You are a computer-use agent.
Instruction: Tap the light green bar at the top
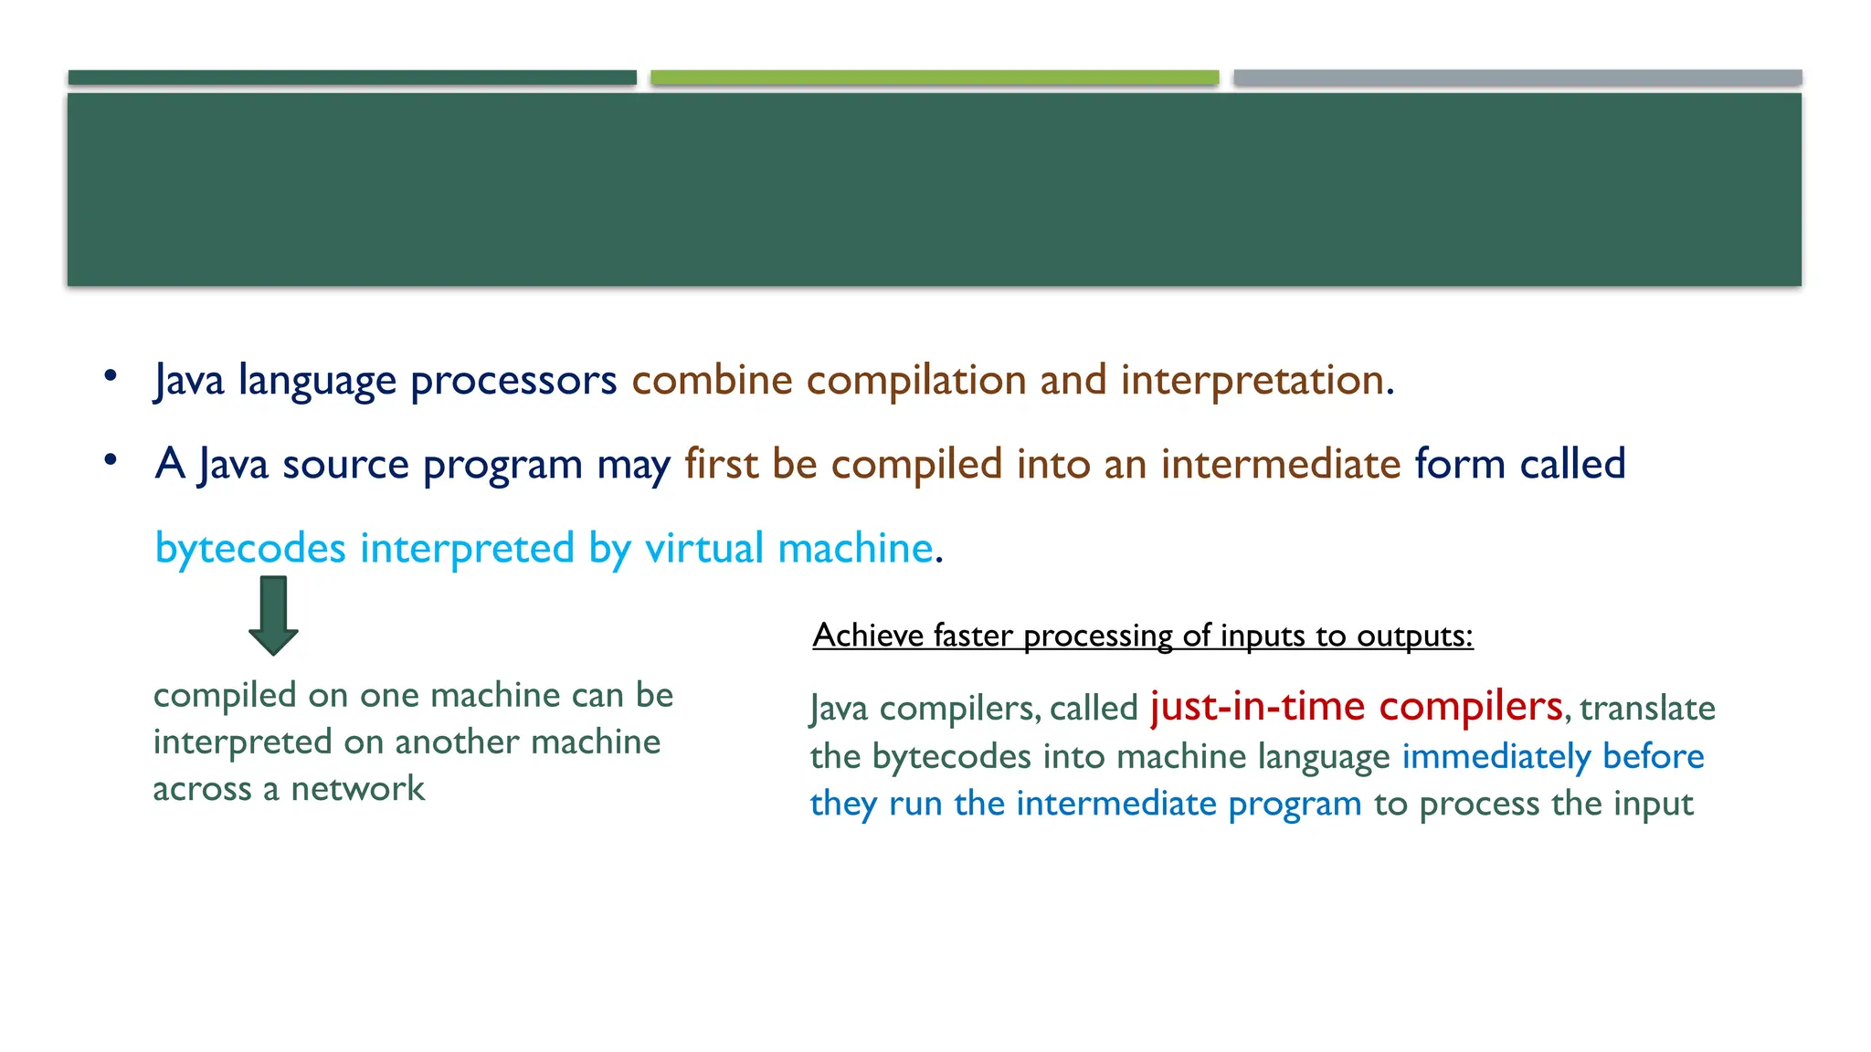[935, 78]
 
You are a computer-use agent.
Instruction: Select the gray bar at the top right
[1517, 78]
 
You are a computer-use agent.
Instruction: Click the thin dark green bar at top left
[352, 78]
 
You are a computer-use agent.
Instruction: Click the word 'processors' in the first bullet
[513, 380]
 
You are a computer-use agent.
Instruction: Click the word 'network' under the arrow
[357, 789]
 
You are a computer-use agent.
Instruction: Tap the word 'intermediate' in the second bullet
[1281, 464]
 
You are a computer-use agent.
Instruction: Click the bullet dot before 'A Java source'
[111, 459]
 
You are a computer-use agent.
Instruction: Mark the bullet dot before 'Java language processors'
[111, 375]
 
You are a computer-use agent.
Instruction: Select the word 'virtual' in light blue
[703, 549]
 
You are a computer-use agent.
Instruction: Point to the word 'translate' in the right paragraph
[1647, 709]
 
